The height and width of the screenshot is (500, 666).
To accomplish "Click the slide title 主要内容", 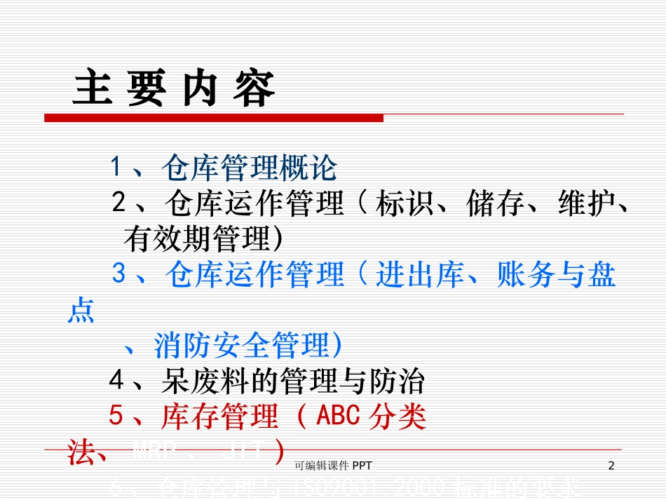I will click(x=174, y=89).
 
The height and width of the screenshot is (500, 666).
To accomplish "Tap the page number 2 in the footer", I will click(x=610, y=466).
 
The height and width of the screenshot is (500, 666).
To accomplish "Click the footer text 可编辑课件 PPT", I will click(x=334, y=466).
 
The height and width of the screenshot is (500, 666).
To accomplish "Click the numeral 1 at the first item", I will click(x=116, y=168).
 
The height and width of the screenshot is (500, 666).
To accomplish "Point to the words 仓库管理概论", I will click(x=250, y=169).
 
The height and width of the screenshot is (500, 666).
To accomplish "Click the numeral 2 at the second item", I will click(x=119, y=204).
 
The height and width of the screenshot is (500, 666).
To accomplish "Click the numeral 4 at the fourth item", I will click(x=116, y=382).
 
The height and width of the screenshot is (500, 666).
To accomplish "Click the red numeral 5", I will click(x=116, y=418).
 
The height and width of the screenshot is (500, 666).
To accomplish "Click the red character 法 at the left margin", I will click(x=81, y=452).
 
